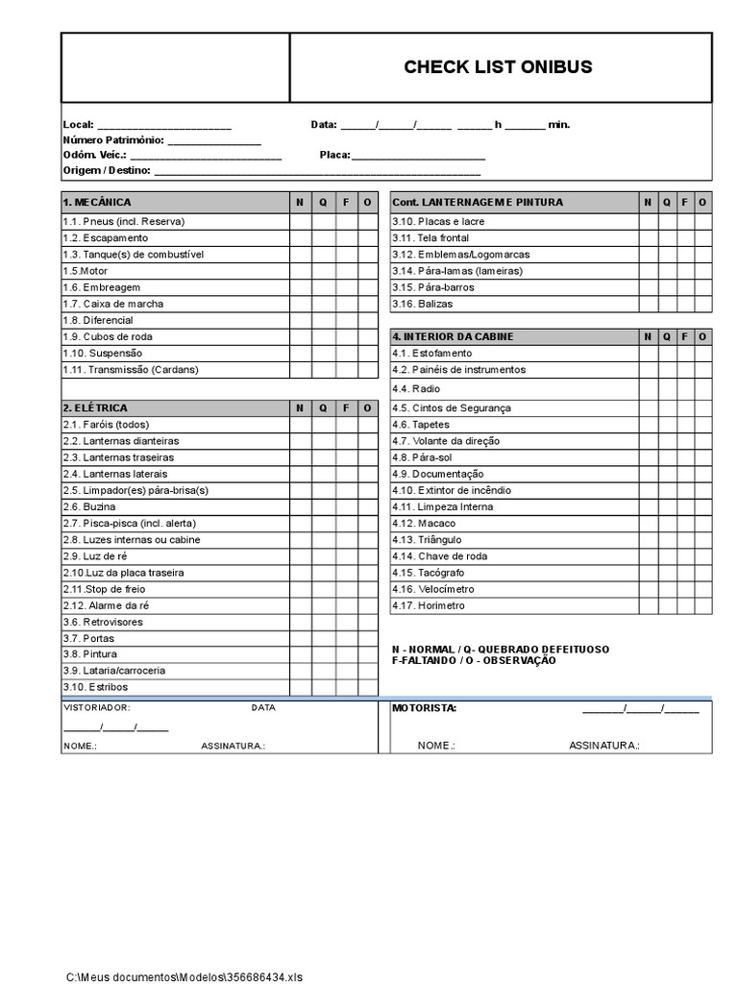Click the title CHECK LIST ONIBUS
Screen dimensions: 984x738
pyautogui.click(x=498, y=67)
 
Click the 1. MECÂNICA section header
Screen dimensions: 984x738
pyautogui.click(x=97, y=203)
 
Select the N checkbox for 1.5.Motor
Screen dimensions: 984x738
pyautogui.click(x=300, y=271)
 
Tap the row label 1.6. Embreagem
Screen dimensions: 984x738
pyautogui.click(x=102, y=287)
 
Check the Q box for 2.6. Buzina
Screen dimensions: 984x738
pyautogui.click(x=323, y=506)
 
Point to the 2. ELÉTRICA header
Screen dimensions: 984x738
pyautogui.click(x=95, y=408)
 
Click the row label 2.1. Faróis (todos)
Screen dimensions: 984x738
pyautogui.click(x=107, y=425)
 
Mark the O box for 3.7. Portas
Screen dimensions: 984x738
pyautogui.click(x=367, y=638)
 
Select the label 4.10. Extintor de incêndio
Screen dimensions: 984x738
pyautogui.click(x=451, y=490)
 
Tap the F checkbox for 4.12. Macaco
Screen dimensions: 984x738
pyautogui.click(x=683, y=524)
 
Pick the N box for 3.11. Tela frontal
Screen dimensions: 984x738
pyautogui.click(x=649, y=238)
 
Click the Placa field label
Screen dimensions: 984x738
pyautogui.click(x=335, y=155)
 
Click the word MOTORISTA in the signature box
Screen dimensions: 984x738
pyautogui.click(x=424, y=709)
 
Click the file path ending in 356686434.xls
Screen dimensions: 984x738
pyautogui.click(x=184, y=976)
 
